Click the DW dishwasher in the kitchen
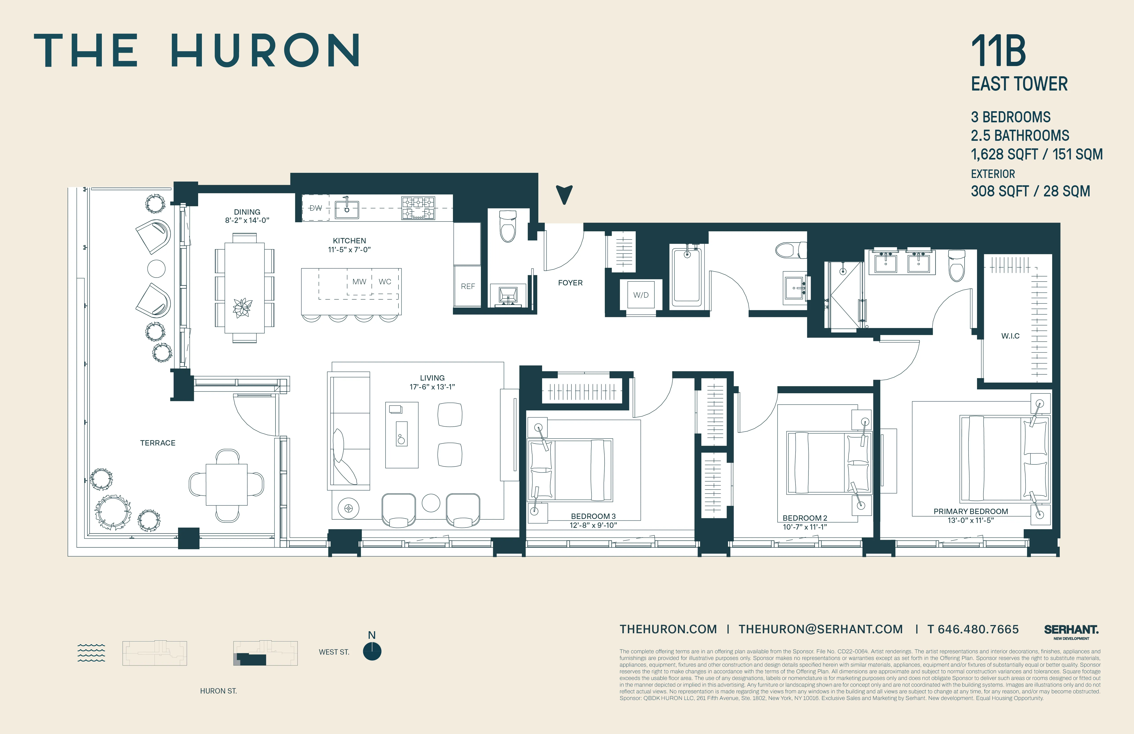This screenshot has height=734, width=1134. coord(316,208)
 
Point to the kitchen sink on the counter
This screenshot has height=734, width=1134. coord(346,209)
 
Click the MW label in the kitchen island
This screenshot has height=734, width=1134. coord(359,282)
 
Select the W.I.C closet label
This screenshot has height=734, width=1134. coord(1010,336)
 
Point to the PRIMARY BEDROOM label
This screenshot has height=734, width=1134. coord(971,511)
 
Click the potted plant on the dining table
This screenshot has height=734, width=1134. coord(243,307)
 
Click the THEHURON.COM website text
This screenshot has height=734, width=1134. coord(668,629)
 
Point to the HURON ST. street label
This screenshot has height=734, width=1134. coord(218,691)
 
